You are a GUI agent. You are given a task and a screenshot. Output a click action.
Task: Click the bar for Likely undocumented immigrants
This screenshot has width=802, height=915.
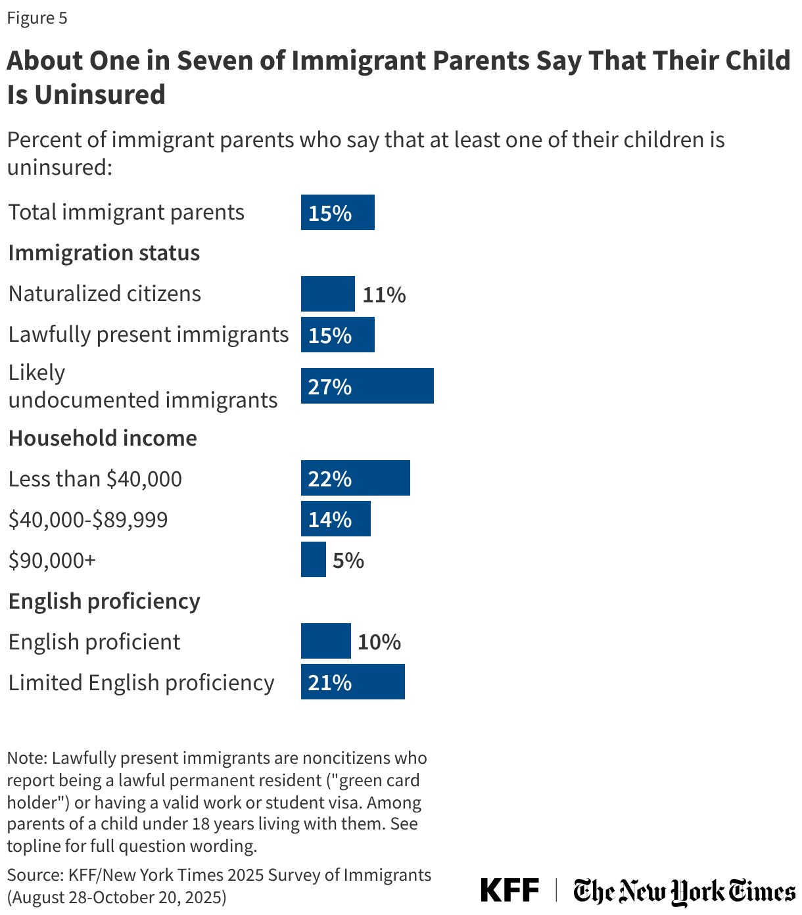point(367,386)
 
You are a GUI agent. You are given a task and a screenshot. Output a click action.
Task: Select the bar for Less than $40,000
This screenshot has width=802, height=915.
point(355,478)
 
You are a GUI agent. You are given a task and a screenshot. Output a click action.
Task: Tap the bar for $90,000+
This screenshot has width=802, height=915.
point(313,559)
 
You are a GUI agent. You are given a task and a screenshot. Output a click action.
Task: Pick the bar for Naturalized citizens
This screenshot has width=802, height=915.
point(327,294)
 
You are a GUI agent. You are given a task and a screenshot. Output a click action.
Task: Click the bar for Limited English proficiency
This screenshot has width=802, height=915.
point(352,682)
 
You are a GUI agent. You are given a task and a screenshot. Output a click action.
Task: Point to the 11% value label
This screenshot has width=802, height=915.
point(384,294)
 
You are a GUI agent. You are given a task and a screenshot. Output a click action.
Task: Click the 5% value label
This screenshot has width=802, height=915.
point(348,560)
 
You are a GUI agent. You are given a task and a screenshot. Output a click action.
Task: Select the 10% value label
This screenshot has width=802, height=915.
point(379,642)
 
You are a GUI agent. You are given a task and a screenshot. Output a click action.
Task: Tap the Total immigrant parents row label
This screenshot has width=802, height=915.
point(126,212)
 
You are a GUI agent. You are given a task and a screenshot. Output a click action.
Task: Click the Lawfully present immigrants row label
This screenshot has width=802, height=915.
point(149,335)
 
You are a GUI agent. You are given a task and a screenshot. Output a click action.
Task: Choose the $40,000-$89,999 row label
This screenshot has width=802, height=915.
point(88,520)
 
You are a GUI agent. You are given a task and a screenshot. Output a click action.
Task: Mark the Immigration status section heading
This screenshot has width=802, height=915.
point(104,253)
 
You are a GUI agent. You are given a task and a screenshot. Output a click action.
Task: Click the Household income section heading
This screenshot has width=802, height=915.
point(103,438)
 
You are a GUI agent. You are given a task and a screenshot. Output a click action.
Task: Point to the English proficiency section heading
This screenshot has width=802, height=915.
point(104,601)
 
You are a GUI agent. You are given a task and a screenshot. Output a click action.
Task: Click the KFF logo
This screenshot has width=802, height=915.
point(509,890)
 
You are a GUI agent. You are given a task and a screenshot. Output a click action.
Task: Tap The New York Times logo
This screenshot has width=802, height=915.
point(684,891)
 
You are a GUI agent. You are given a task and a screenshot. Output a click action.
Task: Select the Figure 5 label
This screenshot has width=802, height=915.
point(37,18)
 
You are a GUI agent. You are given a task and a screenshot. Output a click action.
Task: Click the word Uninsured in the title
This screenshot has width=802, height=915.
point(100,95)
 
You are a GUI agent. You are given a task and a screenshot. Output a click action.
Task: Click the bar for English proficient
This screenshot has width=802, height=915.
point(325,641)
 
